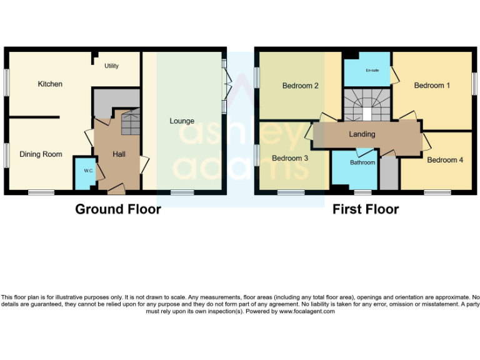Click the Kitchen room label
click(x=50, y=84)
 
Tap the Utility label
click(x=111, y=66)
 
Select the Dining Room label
click(x=41, y=154)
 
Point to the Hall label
click(x=121, y=154)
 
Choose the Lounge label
click(x=182, y=121)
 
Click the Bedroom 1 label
click(x=432, y=86)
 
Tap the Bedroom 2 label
click(x=301, y=86)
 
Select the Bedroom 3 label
click(x=290, y=159)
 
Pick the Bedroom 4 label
click(x=445, y=160)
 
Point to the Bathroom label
click(x=362, y=162)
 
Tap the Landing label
click(x=362, y=134)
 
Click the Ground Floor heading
click(x=118, y=209)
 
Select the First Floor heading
click(x=366, y=209)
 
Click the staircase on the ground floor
click(x=130, y=122)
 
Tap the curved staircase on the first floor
click(x=366, y=105)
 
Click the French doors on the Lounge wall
click(x=227, y=84)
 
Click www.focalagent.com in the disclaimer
click(x=306, y=311)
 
